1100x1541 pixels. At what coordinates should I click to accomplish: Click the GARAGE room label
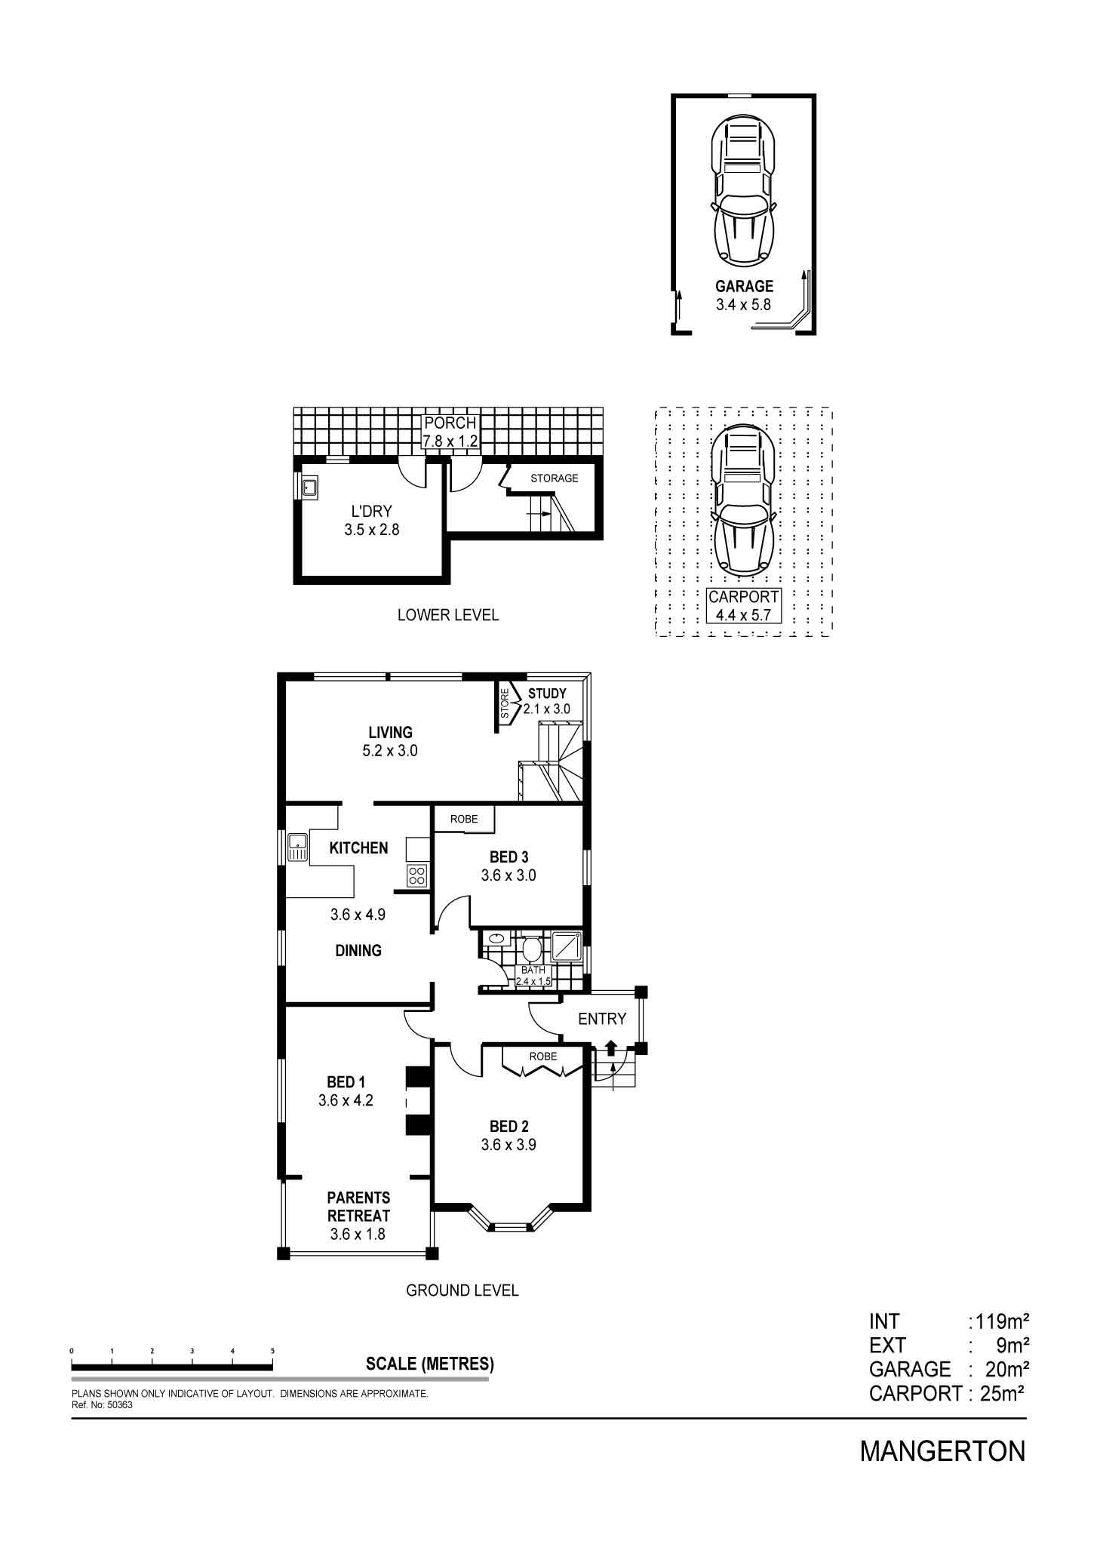[x=744, y=286]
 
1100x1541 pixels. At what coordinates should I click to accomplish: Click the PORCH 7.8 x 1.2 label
[x=450, y=432]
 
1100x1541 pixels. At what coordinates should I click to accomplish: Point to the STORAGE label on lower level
[x=554, y=478]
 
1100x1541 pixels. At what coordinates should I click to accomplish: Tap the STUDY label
[x=547, y=694]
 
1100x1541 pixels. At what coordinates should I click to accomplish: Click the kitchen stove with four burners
[x=416, y=875]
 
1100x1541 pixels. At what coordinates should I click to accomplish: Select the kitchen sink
[x=297, y=847]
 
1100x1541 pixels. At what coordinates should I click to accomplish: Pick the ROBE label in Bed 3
[x=464, y=819]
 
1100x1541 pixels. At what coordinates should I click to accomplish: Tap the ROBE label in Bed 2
[x=542, y=1056]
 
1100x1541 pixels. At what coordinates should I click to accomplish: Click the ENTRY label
[x=601, y=1019]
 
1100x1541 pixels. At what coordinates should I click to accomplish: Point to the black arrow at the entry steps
[x=610, y=1047]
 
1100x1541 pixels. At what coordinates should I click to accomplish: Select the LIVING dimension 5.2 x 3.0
[x=390, y=751]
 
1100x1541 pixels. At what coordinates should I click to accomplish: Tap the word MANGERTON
[x=942, y=1451]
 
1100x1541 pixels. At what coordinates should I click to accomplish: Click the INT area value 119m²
[x=1001, y=1321]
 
